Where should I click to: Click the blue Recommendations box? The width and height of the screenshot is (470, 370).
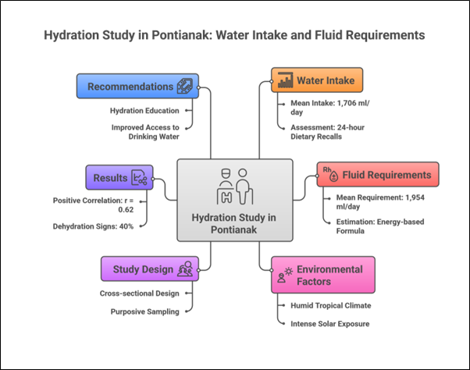click(x=137, y=86)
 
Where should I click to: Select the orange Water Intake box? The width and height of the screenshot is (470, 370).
click(x=318, y=80)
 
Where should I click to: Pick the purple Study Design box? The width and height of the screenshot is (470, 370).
click(x=148, y=269)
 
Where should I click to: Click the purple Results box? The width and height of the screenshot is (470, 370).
click(x=119, y=177)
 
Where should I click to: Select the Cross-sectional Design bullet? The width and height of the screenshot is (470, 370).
click(x=138, y=294)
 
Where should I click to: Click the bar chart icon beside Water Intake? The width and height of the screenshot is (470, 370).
click(x=283, y=81)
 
